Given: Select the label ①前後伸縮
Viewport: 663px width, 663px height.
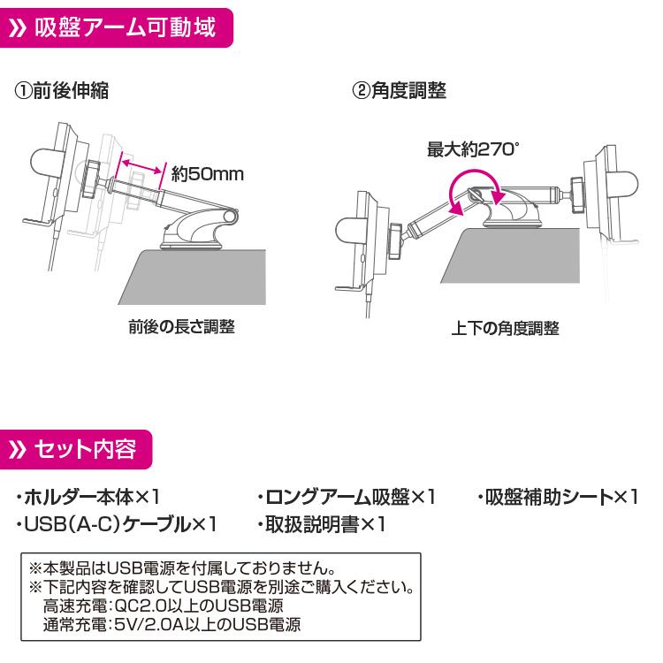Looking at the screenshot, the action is [x=62, y=90].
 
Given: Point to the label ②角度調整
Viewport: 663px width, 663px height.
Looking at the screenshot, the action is [x=400, y=90].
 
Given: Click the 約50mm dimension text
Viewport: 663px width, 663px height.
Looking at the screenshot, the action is [x=207, y=174].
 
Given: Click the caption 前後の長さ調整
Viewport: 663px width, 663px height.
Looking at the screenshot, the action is [x=181, y=327].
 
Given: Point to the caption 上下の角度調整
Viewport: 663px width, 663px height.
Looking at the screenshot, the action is [x=506, y=328].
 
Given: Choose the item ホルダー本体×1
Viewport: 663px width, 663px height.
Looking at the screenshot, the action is [x=88, y=497].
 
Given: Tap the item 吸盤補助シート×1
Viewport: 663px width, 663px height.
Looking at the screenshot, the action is [x=557, y=497].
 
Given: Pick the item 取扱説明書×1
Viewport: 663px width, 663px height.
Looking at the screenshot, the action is [x=322, y=525].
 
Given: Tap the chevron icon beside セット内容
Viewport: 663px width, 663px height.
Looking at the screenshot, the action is [x=20, y=451].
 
